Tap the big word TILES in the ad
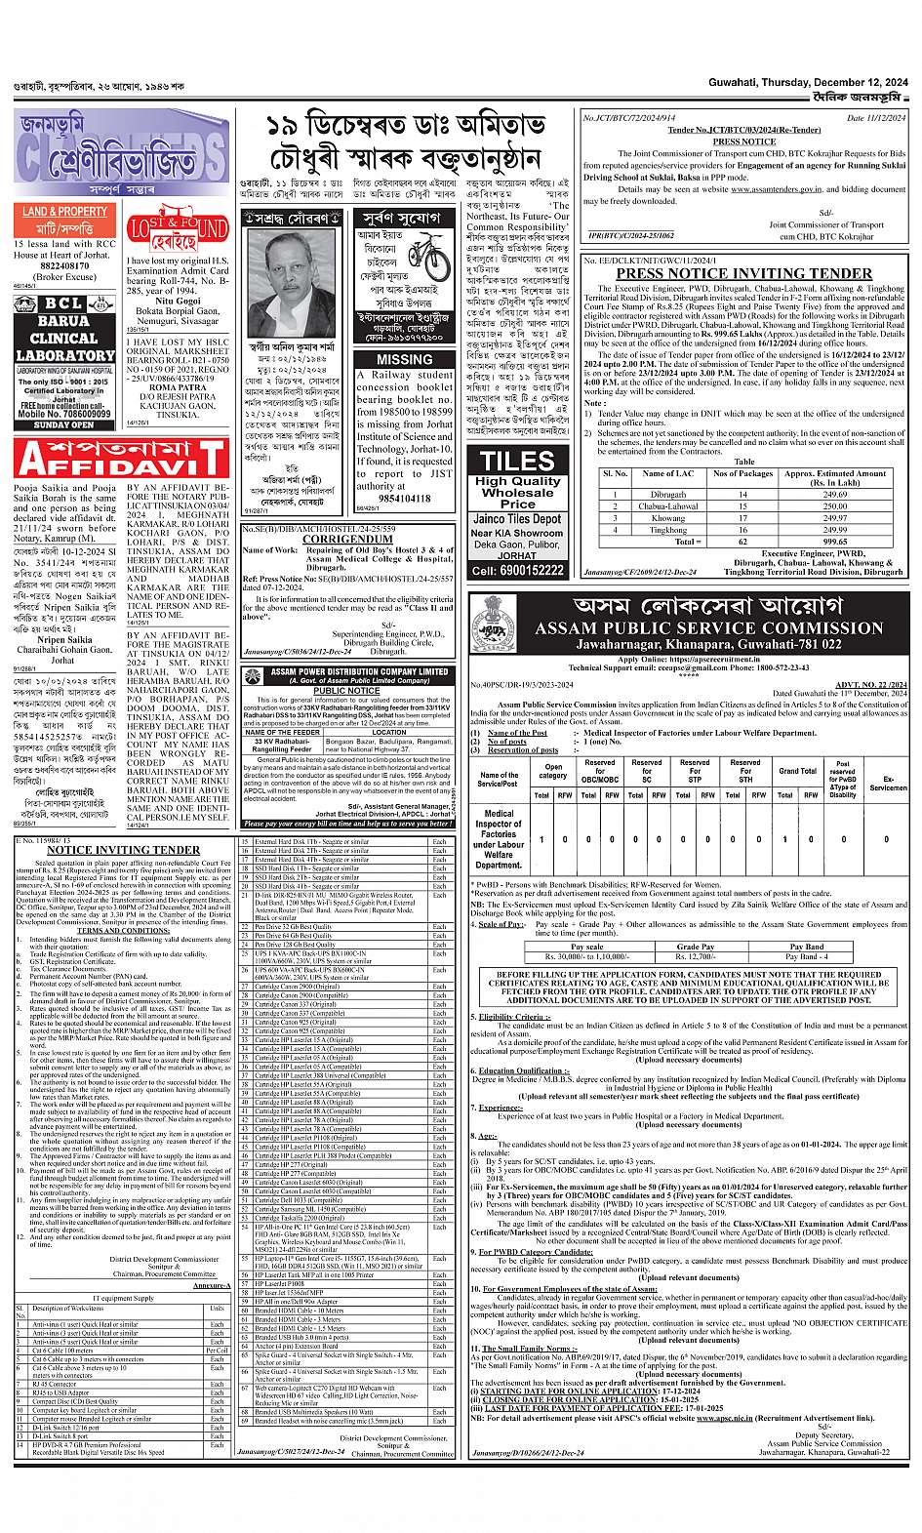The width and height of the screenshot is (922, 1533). [517, 461]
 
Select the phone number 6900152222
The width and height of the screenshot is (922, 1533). [517, 570]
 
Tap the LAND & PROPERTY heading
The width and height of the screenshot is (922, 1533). [65, 212]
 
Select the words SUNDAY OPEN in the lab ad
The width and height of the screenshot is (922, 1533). [63, 424]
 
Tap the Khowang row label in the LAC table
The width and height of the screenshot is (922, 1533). [668, 518]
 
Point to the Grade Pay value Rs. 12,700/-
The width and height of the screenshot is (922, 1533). [696, 957]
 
